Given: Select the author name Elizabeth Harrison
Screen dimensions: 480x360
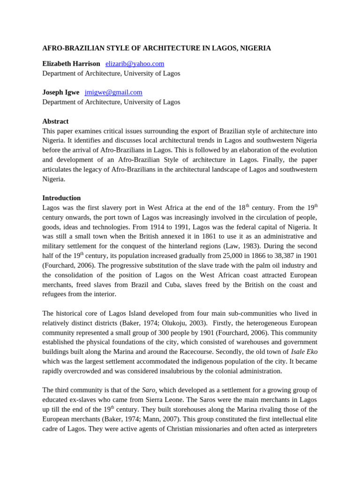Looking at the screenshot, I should (x=71, y=64).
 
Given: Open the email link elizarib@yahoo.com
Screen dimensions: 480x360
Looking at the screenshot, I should (x=135, y=64).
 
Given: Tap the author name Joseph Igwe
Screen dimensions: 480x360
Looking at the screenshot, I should (x=61, y=92).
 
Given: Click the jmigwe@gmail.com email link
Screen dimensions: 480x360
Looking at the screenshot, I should (x=113, y=92).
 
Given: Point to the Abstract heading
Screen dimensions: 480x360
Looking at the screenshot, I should (x=55, y=121).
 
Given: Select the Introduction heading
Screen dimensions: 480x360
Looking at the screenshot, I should (x=61, y=198).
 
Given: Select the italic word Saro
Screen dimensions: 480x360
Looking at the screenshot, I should (x=149, y=390).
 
